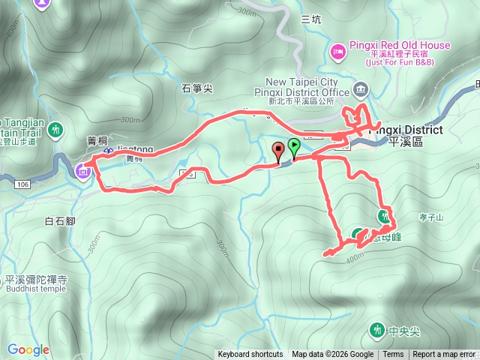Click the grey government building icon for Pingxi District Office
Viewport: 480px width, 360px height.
click(x=361, y=91)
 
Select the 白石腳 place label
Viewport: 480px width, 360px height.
click(x=60, y=221)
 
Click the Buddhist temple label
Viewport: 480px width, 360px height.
click(x=36, y=289)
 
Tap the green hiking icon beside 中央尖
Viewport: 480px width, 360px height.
click(x=376, y=329)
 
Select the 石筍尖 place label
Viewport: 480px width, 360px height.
click(x=197, y=88)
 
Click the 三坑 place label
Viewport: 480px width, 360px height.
click(x=310, y=19)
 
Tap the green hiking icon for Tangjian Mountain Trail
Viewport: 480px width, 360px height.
click(x=55, y=130)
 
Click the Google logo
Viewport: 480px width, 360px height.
click(x=28, y=349)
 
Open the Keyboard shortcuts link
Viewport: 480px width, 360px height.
click(x=250, y=355)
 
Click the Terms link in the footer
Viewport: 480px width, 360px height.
click(x=393, y=355)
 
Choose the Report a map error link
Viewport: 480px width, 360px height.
click(x=444, y=355)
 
